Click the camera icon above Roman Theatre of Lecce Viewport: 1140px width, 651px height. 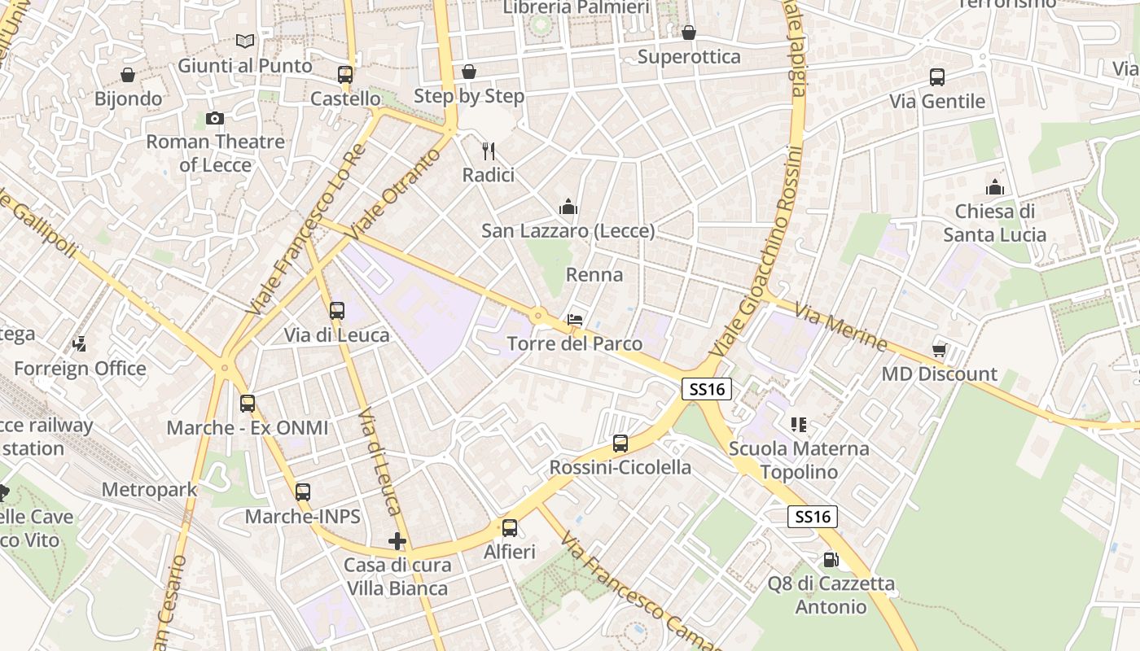point(215,119)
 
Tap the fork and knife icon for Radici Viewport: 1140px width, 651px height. point(489,151)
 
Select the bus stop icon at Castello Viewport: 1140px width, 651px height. point(345,75)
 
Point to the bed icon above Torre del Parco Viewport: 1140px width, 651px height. point(575,320)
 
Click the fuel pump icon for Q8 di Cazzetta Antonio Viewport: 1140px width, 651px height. point(831,560)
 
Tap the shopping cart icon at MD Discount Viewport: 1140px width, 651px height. point(939,351)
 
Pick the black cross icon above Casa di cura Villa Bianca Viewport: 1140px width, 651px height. point(397,541)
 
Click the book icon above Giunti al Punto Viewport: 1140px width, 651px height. point(245,41)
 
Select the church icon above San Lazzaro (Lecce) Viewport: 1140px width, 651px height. point(568,208)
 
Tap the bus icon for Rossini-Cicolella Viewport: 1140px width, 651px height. point(620,443)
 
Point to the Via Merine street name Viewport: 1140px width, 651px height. point(840,327)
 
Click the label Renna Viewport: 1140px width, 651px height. point(594,275)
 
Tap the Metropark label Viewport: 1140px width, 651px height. point(150,490)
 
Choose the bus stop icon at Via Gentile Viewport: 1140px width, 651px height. point(937,77)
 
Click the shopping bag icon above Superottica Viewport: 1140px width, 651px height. point(689,33)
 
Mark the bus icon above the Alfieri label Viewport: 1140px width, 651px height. point(510,528)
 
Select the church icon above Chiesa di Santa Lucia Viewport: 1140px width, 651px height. point(994,188)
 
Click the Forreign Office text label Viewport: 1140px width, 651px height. point(80,369)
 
